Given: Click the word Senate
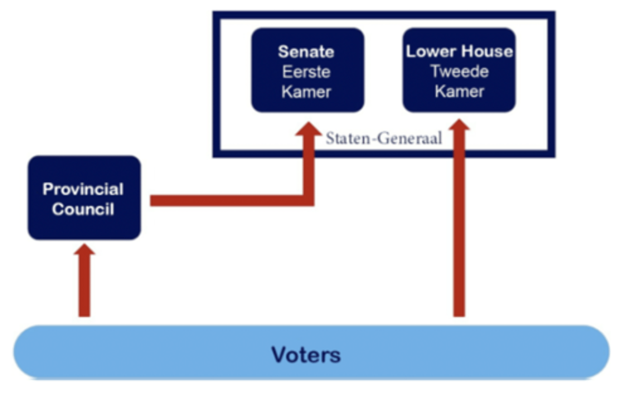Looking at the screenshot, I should click(306, 52).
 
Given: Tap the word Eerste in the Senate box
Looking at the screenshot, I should click(306, 72).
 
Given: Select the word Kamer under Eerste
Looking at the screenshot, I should click(306, 92).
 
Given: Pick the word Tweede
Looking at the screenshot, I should click(459, 72).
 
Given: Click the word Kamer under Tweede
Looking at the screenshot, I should click(459, 92).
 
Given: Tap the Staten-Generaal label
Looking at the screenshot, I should click(384, 139).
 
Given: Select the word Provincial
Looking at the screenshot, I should click(83, 189).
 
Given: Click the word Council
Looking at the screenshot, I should click(83, 209).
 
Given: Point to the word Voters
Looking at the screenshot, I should click(306, 355).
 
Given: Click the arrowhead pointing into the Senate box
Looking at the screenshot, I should click(309, 129).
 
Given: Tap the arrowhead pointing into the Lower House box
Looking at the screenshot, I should click(459, 126).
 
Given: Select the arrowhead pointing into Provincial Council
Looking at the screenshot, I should click(84, 250).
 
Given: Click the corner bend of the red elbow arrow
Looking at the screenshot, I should click(308, 200).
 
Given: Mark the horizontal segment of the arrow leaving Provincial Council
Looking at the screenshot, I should click(227, 201).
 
